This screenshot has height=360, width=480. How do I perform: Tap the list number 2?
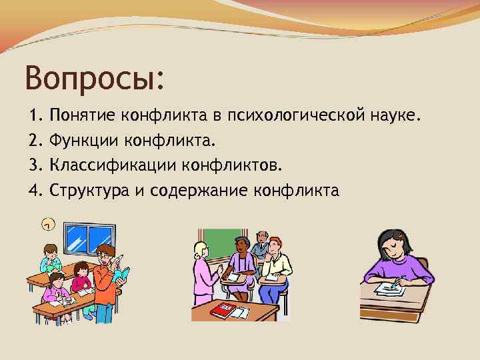36,141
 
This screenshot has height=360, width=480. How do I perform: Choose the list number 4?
36,191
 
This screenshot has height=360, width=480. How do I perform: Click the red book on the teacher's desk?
221,310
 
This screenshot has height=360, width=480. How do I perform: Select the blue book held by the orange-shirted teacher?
123,273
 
